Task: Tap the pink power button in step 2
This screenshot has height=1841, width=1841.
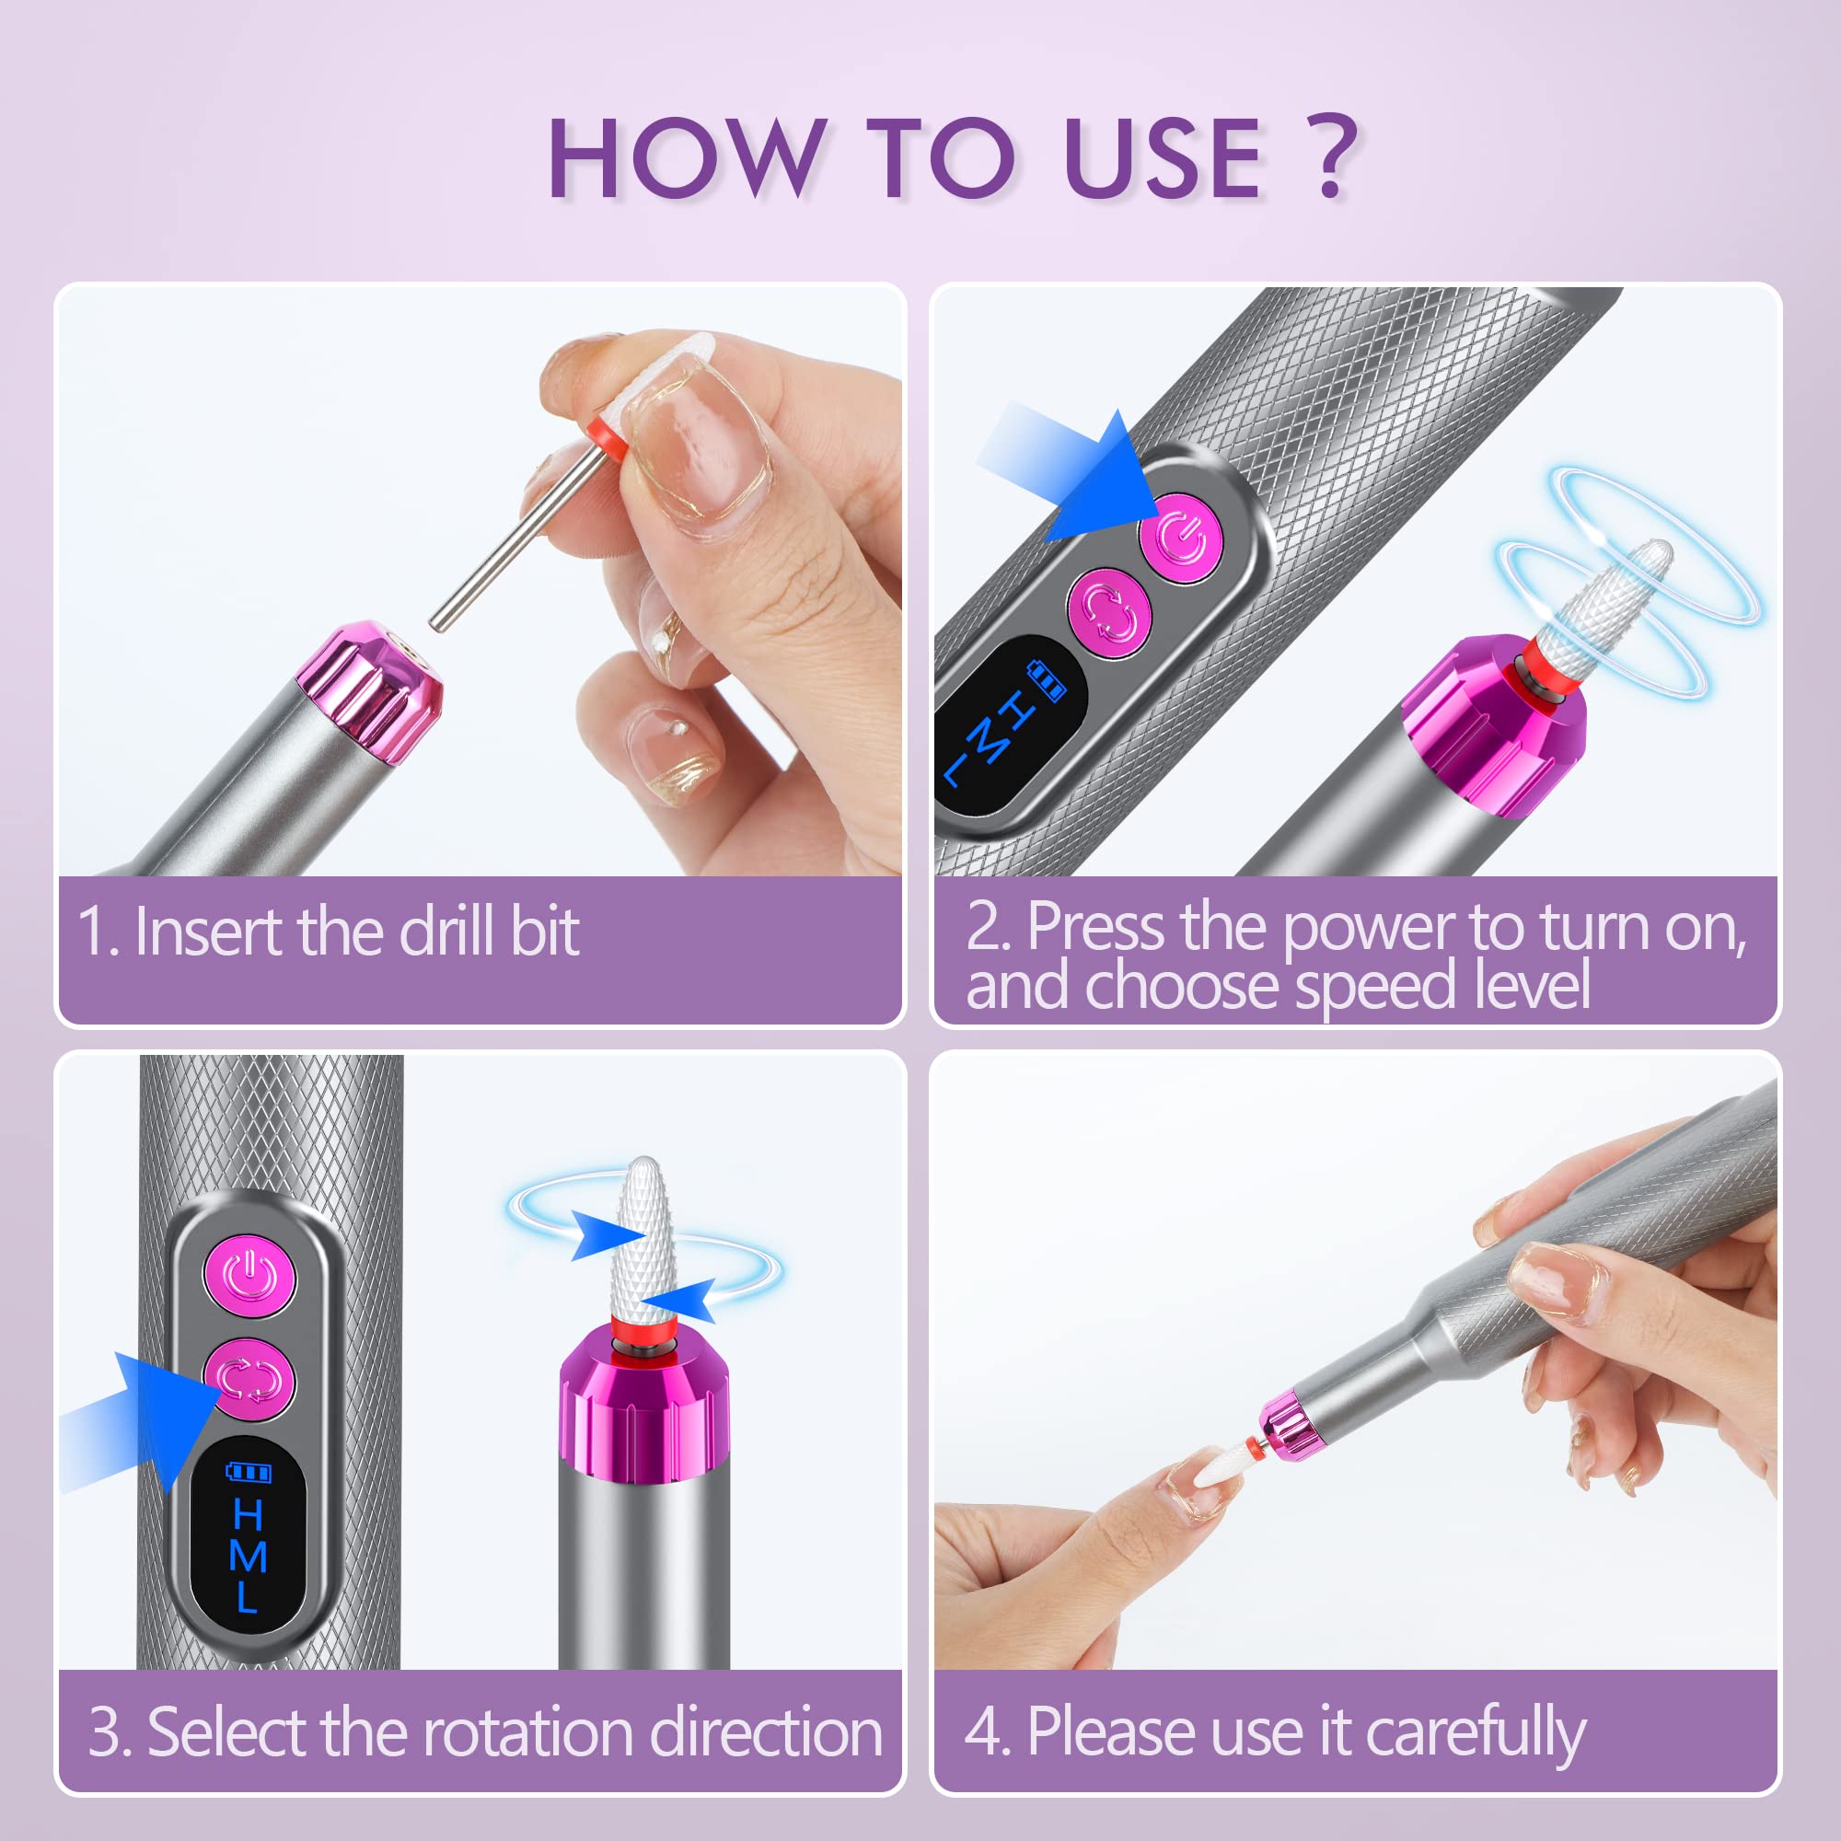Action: pyautogui.click(x=1182, y=538)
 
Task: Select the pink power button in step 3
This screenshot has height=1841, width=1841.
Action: pyautogui.click(x=249, y=1277)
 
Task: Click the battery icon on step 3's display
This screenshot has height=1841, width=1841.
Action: pyautogui.click(x=249, y=1473)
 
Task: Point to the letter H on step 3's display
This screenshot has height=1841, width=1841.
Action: pyautogui.click(x=248, y=1514)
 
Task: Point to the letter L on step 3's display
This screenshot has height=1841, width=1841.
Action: pyautogui.click(x=246, y=1597)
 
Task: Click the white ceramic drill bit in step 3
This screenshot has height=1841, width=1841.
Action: pyautogui.click(x=643, y=1239)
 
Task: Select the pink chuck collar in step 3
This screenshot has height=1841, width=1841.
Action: pyautogui.click(x=644, y=1410)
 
